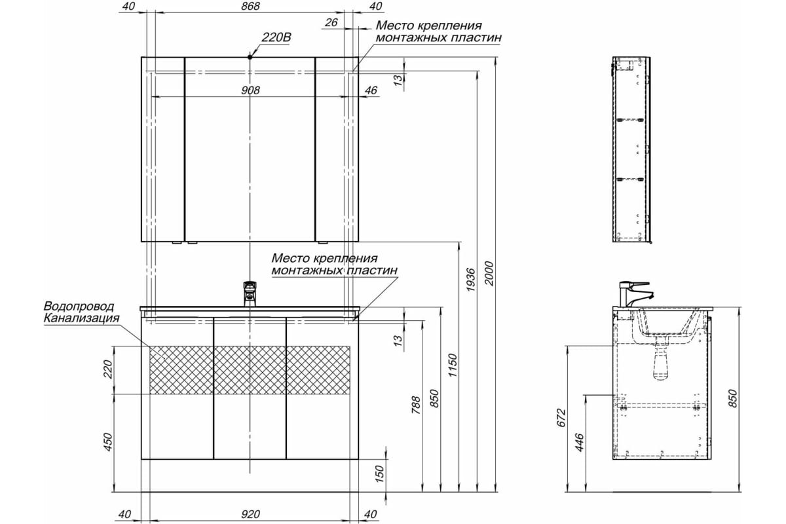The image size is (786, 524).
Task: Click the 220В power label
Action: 276,37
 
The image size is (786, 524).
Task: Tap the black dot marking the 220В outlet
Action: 250,57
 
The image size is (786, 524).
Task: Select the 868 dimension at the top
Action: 250,7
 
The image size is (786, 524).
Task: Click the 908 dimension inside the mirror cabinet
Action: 250,90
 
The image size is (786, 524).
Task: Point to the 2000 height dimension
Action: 489,273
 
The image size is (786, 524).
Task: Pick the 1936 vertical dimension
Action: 470,280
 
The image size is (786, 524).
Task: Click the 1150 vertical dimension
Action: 453,365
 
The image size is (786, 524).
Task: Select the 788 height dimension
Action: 416,405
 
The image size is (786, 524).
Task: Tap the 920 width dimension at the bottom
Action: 250,515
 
